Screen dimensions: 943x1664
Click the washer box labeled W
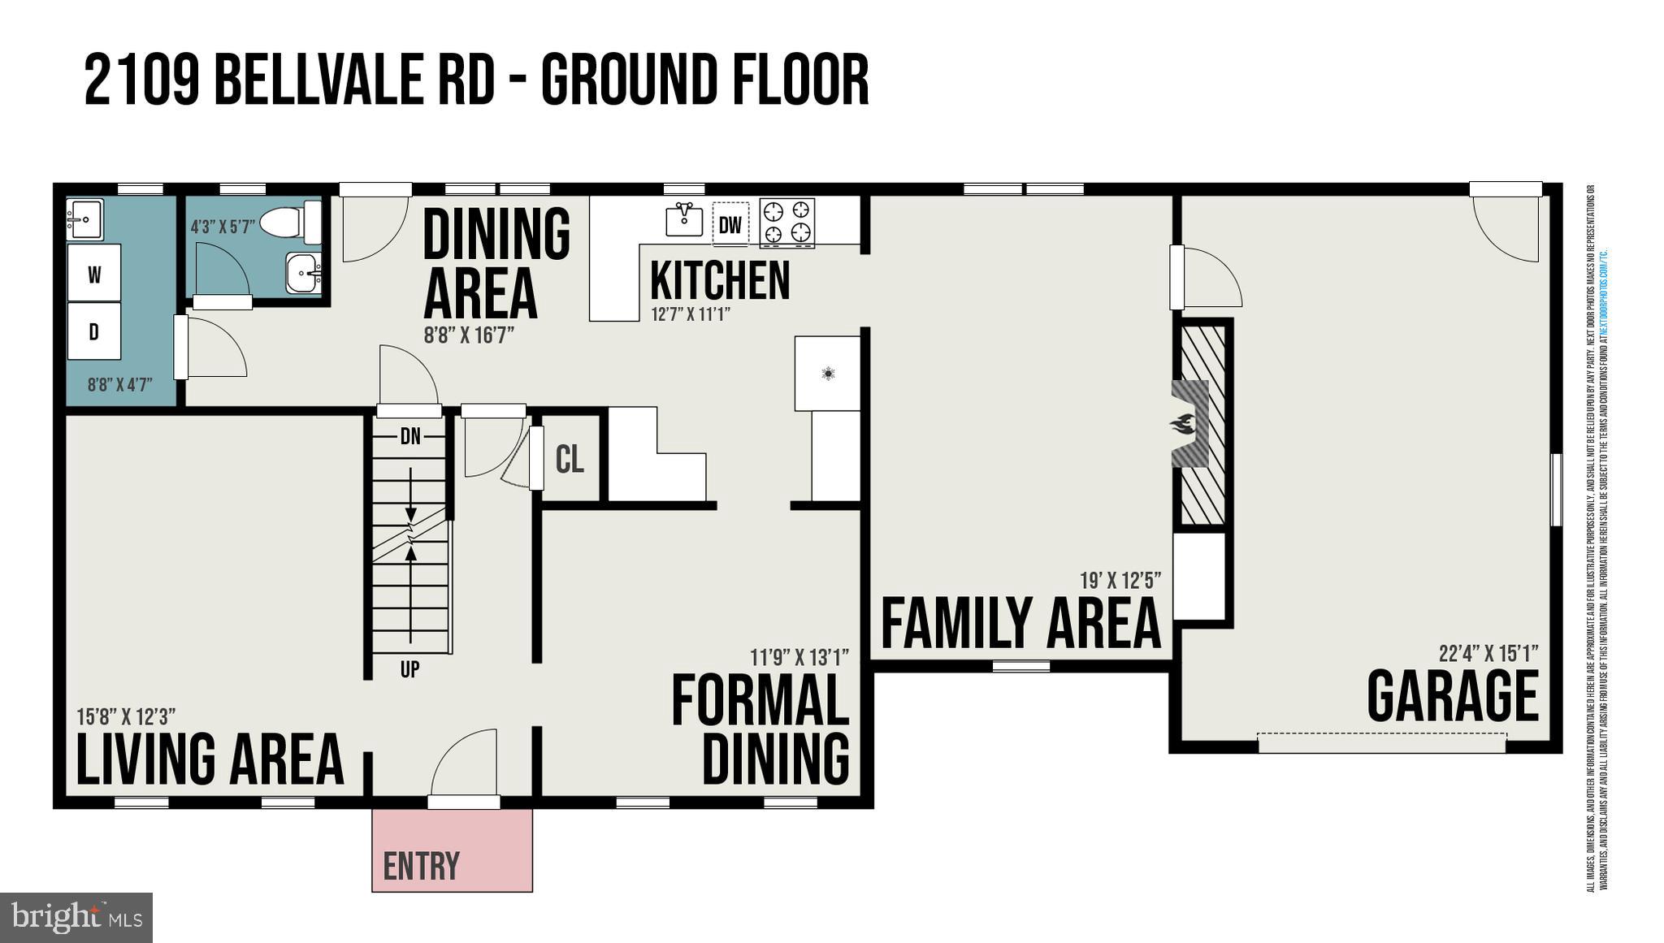pos(94,274)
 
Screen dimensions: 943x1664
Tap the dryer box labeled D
pos(94,331)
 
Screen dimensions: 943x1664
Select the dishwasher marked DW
pos(730,224)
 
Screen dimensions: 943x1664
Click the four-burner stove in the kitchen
pos(786,223)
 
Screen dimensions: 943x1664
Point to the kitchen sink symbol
pos(684,218)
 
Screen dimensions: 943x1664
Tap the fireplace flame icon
pos(1183,423)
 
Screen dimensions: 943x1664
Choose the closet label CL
pos(570,459)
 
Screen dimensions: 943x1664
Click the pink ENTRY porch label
pos(421,866)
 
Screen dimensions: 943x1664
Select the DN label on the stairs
pos(410,437)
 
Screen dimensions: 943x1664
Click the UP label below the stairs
pos(409,669)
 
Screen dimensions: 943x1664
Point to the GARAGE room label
pos(1453,696)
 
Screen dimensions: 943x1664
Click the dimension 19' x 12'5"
pos(1120,581)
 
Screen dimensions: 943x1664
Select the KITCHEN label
pos(720,280)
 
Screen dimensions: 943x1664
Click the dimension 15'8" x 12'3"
pos(126,716)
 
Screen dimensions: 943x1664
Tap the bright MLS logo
pos(76,918)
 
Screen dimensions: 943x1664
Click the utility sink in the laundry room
pos(84,219)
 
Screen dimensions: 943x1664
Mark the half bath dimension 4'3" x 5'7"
pos(223,227)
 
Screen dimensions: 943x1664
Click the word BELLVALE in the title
pos(354,80)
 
